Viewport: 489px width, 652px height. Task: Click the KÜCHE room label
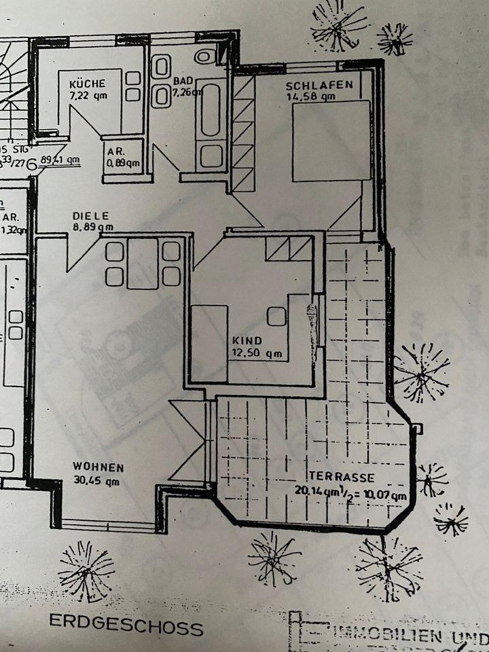(88, 84)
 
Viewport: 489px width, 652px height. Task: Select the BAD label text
(180, 81)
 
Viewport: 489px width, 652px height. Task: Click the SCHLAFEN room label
(319, 86)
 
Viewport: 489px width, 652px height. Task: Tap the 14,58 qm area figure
(311, 96)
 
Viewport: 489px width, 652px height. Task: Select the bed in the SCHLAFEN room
(331, 141)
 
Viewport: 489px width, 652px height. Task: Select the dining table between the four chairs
(143, 264)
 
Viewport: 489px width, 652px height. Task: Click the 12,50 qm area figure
(255, 353)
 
